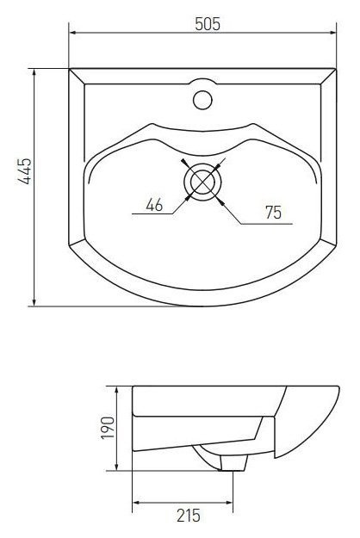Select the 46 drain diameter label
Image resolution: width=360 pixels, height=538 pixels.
[x=155, y=205]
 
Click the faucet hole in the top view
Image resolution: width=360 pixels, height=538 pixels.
[x=202, y=99]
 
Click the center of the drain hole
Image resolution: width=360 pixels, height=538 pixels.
[x=202, y=181]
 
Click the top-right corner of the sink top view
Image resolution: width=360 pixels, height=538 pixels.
[x=334, y=69]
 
